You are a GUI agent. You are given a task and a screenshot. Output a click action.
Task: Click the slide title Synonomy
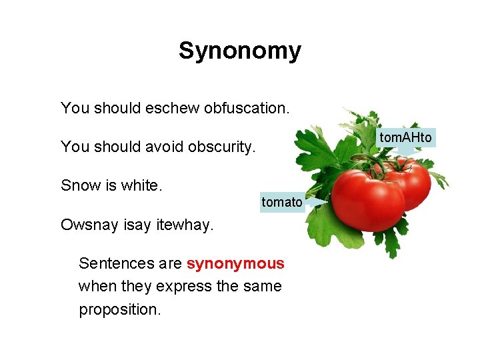click(x=239, y=51)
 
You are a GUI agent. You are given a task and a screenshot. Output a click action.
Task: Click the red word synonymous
click(x=235, y=263)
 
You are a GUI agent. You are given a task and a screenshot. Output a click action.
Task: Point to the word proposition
click(x=120, y=310)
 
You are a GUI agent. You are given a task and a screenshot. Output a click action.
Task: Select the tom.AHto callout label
click(x=406, y=138)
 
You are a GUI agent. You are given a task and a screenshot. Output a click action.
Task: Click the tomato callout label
click(x=281, y=201)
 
